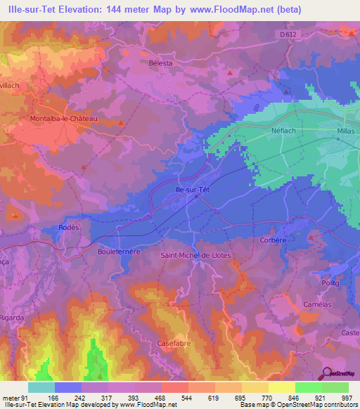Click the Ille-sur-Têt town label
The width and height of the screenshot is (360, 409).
[192, 188]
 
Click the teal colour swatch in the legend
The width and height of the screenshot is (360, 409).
[41, 387]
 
